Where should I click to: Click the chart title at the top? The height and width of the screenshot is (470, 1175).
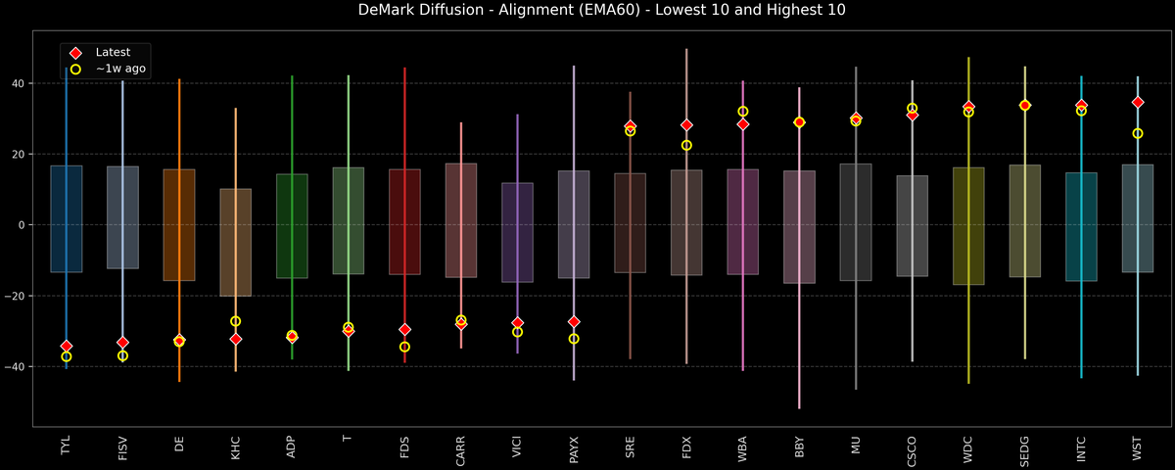point(587,11)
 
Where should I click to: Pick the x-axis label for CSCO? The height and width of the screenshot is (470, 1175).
point(912,446)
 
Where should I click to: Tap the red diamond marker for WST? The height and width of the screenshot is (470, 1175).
point(1138,102)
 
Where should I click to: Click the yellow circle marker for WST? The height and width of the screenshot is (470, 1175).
point(1138,133)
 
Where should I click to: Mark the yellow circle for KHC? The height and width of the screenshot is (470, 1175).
point(235,321)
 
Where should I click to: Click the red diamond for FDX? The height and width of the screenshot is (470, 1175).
point(686,125)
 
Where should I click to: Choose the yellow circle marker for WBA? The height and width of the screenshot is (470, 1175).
point(743,112)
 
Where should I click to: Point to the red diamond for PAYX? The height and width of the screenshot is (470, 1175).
point(574,321)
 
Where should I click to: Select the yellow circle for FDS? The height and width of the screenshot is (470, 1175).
point(404,347)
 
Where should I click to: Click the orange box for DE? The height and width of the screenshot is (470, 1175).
point(179,225)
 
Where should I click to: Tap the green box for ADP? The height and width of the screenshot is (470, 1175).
point(292,225)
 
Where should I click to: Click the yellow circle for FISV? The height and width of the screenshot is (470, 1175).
point(122,355)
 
